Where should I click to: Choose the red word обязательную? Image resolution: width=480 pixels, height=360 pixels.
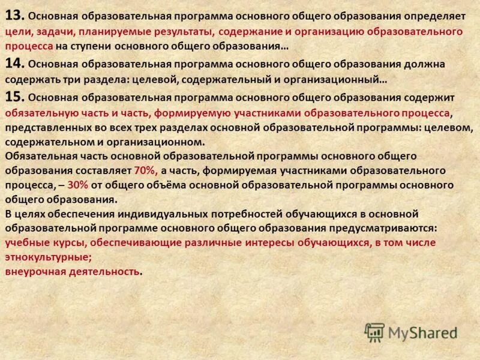pos(38,112)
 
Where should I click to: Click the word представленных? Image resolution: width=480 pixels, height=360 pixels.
pos(46,127)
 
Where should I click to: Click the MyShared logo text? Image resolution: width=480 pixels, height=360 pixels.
pos(423,332)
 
